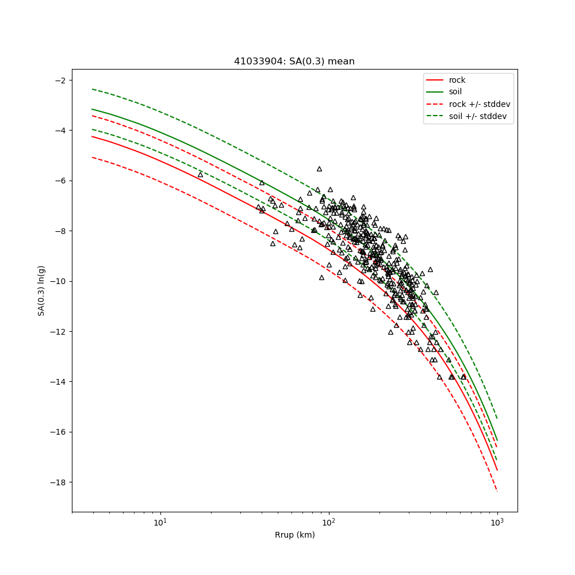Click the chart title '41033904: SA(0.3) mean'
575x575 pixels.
click(294, 62)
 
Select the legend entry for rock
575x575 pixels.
click(457, 80)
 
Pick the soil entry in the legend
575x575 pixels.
click(455, 91)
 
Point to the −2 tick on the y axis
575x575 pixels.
click(60, 80)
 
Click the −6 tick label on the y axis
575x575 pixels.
click(60, 181)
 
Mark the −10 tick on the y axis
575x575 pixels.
click(58, 281)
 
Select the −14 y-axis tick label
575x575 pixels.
click(58, 382)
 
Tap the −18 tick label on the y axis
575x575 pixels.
click(58, 482)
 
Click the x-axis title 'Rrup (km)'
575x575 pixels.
click(294, 535)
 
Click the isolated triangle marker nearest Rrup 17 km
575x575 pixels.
click(201, 174)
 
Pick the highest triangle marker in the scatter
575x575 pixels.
click(319, 169)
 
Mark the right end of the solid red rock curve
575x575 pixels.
click(497, 470)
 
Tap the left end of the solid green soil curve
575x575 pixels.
click(92, 109)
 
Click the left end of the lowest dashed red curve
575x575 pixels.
click(92, 157)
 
